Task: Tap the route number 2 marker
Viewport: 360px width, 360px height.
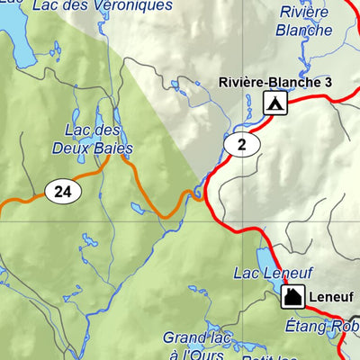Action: coord(241,144)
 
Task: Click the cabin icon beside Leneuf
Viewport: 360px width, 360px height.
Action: coord(292,297)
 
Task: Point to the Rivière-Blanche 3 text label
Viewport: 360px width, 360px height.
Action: coord(274,82)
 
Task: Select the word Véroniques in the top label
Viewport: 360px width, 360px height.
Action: coord(139,5)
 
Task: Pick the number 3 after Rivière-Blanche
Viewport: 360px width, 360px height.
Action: coord(328,82)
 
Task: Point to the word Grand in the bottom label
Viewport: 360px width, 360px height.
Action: coord(181,337)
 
